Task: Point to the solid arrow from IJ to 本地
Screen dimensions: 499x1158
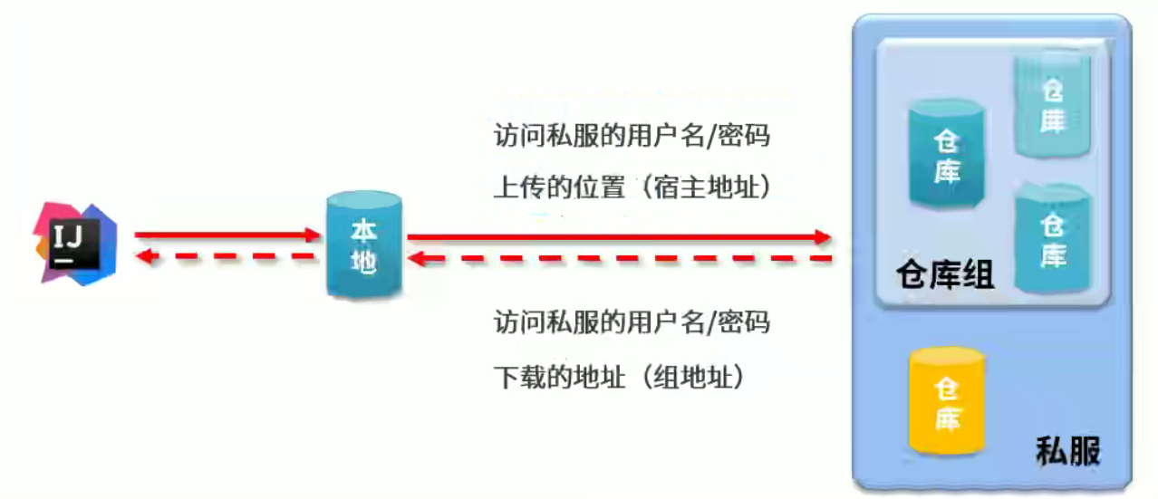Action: [227, 235]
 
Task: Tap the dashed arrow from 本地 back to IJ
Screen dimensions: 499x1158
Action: [227, 257]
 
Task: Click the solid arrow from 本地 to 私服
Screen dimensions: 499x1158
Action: [616, 237]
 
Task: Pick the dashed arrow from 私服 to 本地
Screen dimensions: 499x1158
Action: [616, 260]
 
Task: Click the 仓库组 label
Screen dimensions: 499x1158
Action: [944, 273]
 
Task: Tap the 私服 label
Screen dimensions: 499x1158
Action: [1068, 450]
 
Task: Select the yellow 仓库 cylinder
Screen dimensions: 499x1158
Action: [947, 401]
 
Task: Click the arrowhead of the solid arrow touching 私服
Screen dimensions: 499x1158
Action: [822, 237]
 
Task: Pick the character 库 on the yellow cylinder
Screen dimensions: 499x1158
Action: [948, 417]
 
